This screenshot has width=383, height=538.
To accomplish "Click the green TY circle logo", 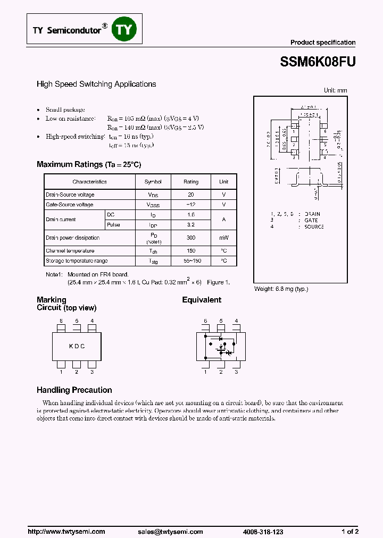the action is [x=123, y=30].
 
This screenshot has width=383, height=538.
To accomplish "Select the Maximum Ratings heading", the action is [x=89, y=164].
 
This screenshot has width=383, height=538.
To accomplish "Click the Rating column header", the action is [x=191, y=182].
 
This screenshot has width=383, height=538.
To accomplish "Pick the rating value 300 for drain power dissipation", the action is [x=191, y=238].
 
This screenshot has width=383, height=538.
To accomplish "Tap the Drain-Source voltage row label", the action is [x=70, y=195].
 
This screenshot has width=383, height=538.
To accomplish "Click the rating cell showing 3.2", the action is [x=191, y=225].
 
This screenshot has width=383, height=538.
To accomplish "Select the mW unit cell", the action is [x=223, y=238].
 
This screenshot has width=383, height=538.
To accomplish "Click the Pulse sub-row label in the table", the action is [x=113, y=225].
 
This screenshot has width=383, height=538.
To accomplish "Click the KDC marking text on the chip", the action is [x=77, y=346].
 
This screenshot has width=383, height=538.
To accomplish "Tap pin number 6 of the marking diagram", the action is [x=61, y=321].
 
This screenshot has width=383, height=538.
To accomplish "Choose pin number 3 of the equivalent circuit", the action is [x=236, y=372].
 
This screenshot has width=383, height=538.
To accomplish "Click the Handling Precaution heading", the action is [x=74, y=390].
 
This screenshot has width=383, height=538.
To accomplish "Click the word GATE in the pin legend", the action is [x=311, y=220].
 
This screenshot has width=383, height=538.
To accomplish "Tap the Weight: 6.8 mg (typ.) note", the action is [x=281, y=289].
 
